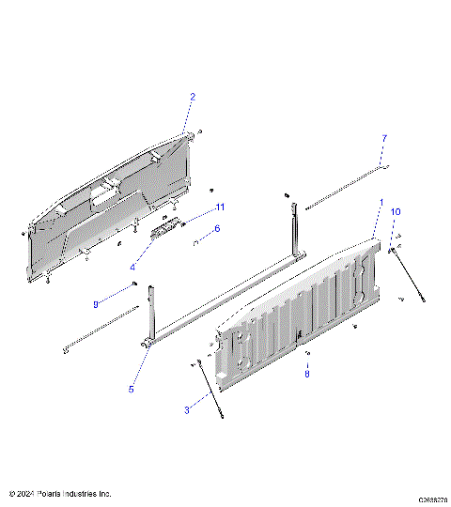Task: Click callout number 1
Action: [x=381, y=202]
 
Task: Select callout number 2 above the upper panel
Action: [x=193, y=97]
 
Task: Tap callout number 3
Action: [x=186, y=409]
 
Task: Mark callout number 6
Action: [x=217, y=228]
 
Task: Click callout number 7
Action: [x=383, y=138]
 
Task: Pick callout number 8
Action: [x=305, y=373]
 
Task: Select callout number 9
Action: [x=95, y=303]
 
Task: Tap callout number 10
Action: [x=396, y=212]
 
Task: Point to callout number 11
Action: [x=220, y=207]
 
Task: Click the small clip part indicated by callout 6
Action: [x=196, y=242]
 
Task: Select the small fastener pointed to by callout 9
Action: [x=136, y=284]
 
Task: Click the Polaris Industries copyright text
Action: [x=60, y=493]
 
